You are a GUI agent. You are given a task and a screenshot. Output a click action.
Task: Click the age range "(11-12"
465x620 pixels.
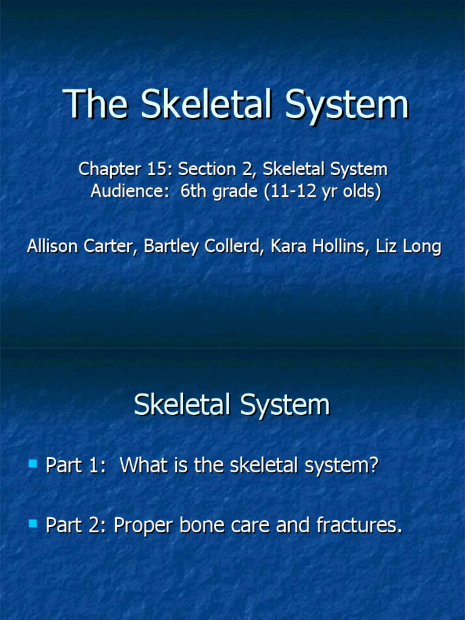(285, 192)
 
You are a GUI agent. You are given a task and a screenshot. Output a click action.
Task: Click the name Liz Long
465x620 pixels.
(412, 247)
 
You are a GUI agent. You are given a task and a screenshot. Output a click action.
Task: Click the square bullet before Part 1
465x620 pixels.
(33, 464)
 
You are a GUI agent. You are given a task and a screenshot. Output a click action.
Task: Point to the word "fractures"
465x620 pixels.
(358, 525)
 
